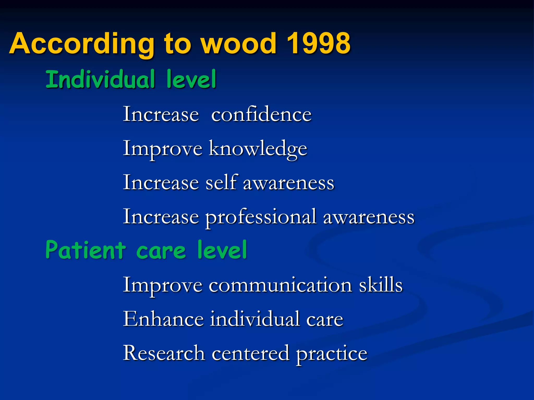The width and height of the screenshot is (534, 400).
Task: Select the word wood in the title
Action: (x=239, y=43)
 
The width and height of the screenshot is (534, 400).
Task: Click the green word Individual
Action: (x=100, y=79)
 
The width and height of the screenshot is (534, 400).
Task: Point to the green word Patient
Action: (x=86, y=250)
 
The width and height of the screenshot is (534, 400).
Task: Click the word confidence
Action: (x=261, y=115)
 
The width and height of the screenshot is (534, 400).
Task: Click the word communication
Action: (x=280, y=285)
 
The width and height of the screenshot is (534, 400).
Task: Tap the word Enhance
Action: (x=163, y=319)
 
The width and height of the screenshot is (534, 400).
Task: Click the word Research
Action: (x=164, y=353)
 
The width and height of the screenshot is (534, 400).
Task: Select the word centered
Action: (x=250, y=353)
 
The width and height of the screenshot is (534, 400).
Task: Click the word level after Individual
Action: (x=191, y=79)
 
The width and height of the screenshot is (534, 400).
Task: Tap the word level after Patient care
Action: (x=222, y=250)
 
